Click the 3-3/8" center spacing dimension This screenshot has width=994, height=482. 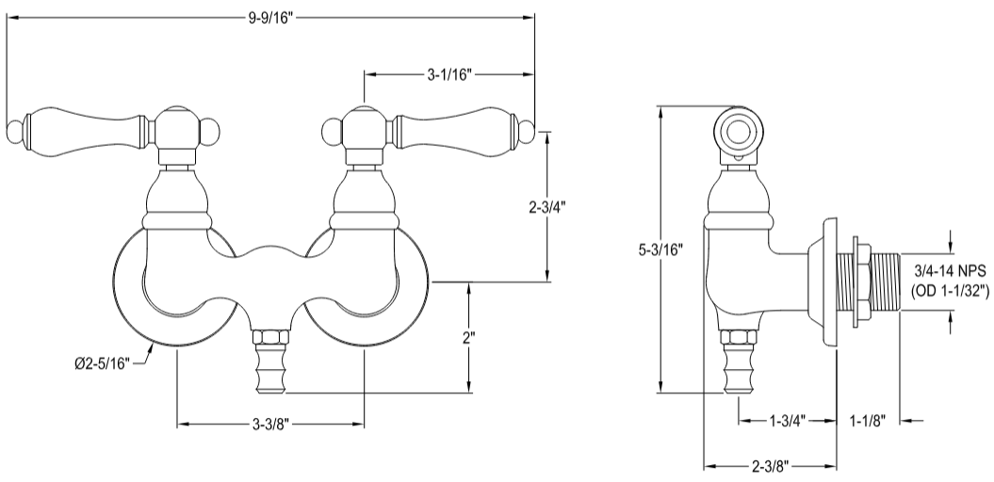pyautogui.click(x=270, y=425)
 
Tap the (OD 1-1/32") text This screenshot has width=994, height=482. pyautogui.click(x=947, y=291)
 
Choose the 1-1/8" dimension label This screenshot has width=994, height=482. pyautogui.click(x=868, y=420)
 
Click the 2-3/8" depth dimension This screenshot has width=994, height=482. pyautogui.click(x=769, y=465)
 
